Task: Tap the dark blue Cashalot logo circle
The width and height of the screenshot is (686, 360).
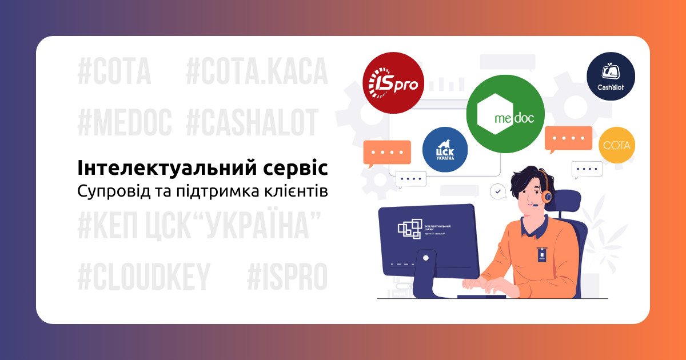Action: [611, 77]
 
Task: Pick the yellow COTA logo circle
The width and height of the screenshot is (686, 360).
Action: [617, 145]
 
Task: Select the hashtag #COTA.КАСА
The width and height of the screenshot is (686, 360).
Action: [257, 72]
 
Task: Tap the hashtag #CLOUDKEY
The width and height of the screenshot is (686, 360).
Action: [144, 277]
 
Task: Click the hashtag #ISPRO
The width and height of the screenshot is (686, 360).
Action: [287, 277]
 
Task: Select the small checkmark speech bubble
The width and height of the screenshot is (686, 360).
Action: [498, 191]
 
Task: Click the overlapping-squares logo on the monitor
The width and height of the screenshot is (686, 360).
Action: [410, 228]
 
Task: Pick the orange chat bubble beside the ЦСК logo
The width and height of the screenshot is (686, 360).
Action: [387, 153]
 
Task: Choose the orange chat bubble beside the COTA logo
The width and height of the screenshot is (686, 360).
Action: [568, 139]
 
